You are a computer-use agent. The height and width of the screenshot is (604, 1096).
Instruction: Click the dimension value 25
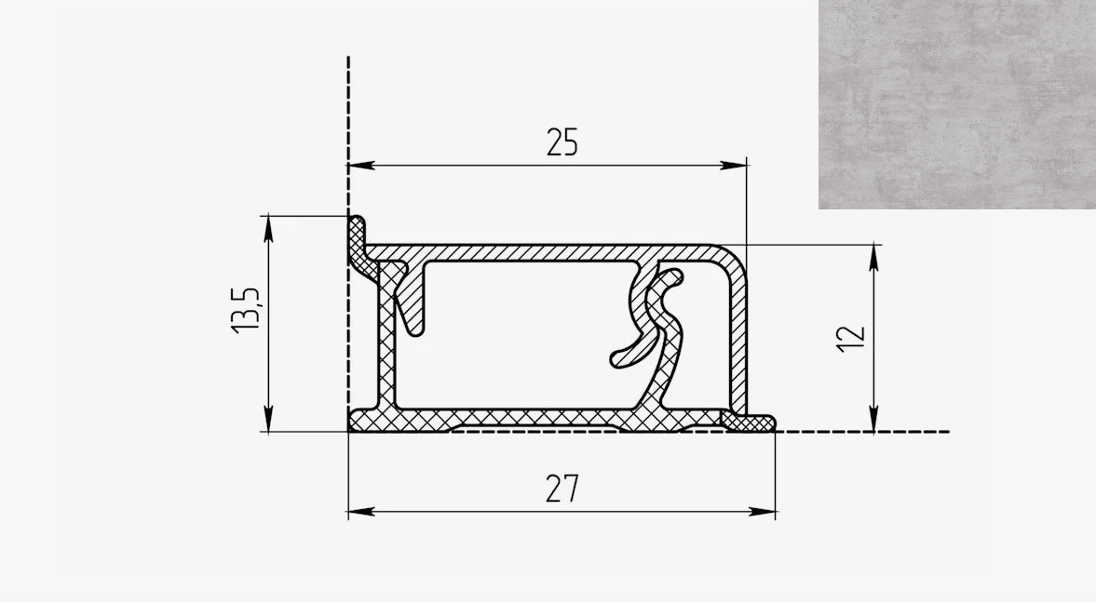[x=562, y=142]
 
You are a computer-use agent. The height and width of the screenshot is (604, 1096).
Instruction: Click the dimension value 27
[x=562, y=489]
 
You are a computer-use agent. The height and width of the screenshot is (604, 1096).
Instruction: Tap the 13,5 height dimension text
[x=246, y=310]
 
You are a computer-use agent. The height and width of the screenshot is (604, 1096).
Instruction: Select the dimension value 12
[x=851, y=339]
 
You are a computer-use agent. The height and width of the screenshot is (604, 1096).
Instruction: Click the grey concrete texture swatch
[x=957, y=104]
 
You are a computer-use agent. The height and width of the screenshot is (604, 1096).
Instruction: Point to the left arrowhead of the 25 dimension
[x=361, y=166]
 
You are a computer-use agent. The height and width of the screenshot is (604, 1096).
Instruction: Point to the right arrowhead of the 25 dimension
[x=734, y=166]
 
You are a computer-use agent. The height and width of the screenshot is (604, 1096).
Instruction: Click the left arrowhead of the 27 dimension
[x=361, y=512]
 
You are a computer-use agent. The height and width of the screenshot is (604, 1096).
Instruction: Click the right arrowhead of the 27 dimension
[x=763, y=512]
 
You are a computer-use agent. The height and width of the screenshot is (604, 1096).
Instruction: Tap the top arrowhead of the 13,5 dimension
[x=268, y=228]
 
